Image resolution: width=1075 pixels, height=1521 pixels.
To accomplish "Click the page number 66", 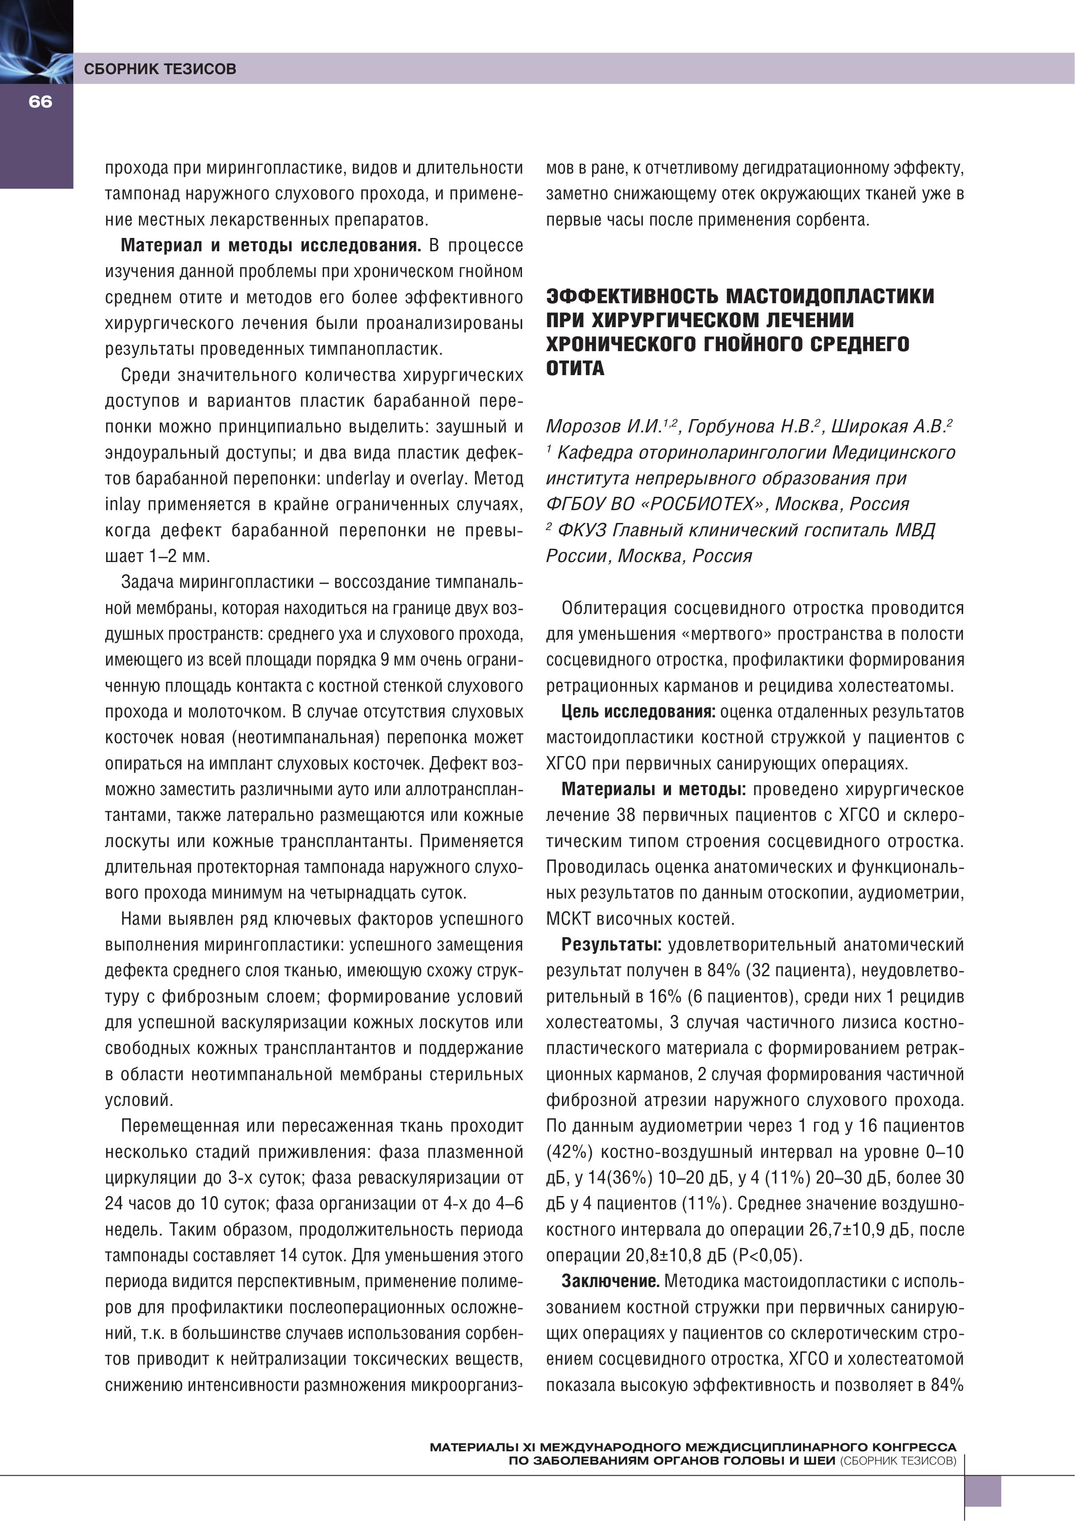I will (40, 101).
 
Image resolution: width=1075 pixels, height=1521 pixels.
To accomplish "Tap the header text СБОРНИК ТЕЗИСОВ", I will (160, 69).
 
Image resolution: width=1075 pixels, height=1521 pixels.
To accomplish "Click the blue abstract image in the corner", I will (36, 41).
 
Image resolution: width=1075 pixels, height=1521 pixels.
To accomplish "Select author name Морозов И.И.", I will (603, 427).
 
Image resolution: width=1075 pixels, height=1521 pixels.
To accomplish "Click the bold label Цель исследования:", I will (638, 712).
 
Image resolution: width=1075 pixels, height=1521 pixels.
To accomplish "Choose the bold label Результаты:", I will (611, 945).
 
